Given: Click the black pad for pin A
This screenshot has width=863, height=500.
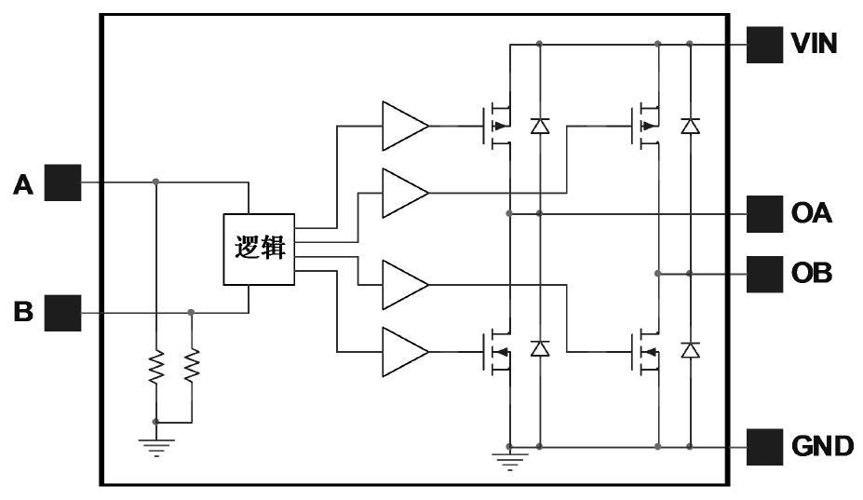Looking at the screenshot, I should click(63, 182).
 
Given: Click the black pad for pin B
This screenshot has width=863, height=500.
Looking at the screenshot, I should click(63, 313).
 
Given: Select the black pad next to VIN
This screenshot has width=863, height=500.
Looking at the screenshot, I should click(764, 44).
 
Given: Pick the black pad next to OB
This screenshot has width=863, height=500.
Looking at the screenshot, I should click(764, 274).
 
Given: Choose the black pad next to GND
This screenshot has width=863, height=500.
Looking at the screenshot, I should click(764, 447).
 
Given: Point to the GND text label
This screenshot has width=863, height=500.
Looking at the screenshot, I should click(822, 447).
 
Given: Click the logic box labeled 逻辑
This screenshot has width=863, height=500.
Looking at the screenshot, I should click(259, 250).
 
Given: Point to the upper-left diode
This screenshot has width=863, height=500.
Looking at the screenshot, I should click(539, 126).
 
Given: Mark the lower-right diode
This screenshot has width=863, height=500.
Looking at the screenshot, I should click(690, 350).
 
